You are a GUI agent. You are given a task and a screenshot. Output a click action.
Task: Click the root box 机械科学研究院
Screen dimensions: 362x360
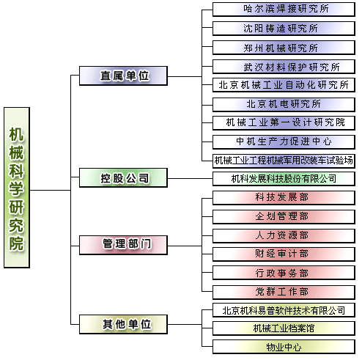pos(17,188)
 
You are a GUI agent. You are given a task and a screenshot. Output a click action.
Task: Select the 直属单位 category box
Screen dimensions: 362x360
pos(123,76)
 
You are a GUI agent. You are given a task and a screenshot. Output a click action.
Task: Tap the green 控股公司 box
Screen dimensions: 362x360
pos(123,177)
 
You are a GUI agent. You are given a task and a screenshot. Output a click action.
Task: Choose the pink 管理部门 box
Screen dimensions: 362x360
pos(123,245)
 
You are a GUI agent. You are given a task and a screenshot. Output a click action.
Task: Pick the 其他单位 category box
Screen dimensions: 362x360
pos(123,324)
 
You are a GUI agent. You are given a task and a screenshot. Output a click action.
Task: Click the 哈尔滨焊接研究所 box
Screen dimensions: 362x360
pos(284,10)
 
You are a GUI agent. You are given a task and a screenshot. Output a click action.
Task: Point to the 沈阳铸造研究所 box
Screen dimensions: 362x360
pos(284,29)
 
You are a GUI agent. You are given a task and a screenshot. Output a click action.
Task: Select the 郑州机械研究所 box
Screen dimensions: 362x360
pos(284,48)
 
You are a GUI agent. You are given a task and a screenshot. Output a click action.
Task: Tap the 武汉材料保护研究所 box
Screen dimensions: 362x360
pos(284,67)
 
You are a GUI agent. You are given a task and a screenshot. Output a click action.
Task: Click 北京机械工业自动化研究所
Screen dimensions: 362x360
pos(284,85)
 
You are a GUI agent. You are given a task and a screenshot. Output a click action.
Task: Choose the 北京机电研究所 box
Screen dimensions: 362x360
pos(284,105)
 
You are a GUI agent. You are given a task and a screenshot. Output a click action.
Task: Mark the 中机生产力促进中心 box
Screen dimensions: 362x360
pos(284,142)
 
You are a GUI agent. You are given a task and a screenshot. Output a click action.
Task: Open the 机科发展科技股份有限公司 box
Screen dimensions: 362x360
pos(284,179)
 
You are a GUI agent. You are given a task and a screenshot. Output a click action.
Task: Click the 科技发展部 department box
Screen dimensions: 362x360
pos(284,198)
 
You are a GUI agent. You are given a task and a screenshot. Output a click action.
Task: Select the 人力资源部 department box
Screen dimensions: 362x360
pos(284,236)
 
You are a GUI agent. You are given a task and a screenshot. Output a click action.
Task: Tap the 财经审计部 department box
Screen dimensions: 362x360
pos(284,254)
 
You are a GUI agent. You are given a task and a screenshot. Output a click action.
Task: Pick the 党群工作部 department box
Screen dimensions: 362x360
pos(284,293)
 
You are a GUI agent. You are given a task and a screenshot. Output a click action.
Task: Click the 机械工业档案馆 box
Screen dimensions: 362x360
pos(284,328)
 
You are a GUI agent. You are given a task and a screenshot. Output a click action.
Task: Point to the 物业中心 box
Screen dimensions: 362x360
pos(284,347)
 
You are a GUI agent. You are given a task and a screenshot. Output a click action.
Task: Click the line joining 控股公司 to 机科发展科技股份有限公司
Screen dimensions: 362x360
pos(190,178)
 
